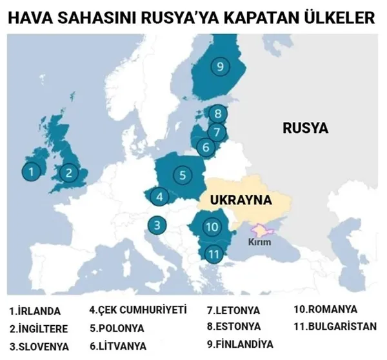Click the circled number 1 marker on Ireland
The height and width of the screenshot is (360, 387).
(x=30, y=172)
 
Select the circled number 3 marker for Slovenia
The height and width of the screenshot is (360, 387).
(x=157, y=225)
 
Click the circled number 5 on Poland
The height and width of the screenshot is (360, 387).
(x=183, y=174)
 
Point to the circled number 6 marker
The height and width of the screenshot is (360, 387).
(x=206, y=148)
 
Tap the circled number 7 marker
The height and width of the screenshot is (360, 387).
(x=218, y=132)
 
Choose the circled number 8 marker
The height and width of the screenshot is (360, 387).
(x=219, y=115)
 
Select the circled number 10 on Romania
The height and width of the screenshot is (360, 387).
(x=212, y=226)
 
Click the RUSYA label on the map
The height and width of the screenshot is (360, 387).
(x=305, y=128)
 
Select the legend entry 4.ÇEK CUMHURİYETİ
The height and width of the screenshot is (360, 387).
(x=137, y=310)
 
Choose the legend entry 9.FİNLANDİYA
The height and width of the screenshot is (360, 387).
(x=239, y=343)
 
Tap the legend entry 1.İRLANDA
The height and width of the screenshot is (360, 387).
(x=35, y=310)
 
